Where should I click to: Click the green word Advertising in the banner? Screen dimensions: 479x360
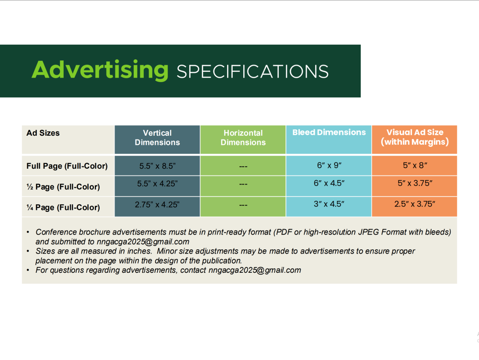click(100, 70)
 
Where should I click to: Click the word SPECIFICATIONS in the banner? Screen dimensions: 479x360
click(252, 71)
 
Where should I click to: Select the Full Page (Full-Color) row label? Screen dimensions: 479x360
click(67, 166)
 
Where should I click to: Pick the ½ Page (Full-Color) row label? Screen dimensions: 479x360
click(63, 187)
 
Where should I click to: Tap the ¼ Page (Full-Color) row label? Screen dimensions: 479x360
click(63, 208)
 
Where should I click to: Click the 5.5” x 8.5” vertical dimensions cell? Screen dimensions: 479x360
click(157, 166)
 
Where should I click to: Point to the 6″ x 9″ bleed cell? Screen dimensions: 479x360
click(329, 165)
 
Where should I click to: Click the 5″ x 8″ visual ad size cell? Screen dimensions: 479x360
click(415, 165)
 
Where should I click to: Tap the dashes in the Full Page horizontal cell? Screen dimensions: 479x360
click(243, 166)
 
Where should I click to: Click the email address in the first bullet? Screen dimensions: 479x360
click(143, 242)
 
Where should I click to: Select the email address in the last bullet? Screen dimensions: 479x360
click(255, 270)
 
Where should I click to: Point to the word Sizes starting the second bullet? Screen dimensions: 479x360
click(45, 251)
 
